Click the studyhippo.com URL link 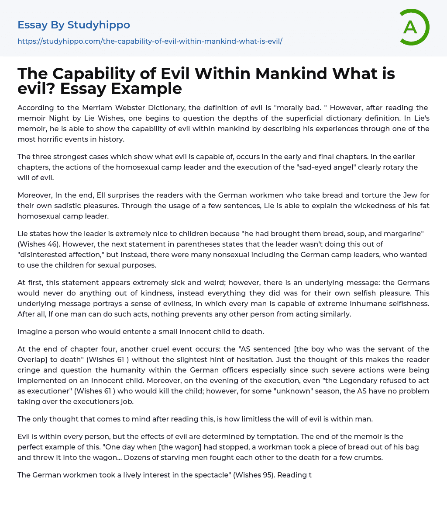point(150,41)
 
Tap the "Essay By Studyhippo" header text point(74,25)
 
